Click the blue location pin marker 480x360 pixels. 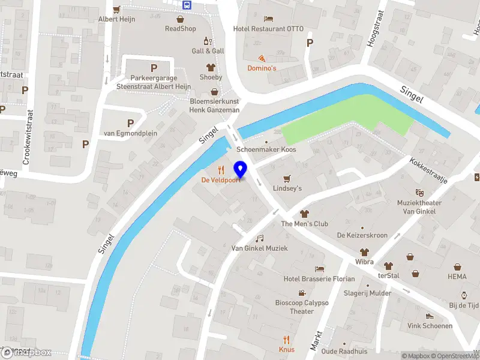pyautogui.click(x=241, y=169)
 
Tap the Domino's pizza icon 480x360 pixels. pyautogui.click(x=262, y=58)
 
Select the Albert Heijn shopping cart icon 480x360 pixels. pyautogui.click(x=116, y=9)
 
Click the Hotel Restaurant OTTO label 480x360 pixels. pyautogui.click(x=268, y=28)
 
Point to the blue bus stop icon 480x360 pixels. pyautogui.click(x=188, y=4)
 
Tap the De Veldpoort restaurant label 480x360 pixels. pyautogui.click(x=220, y=180)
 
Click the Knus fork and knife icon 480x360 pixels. pyautogui.click(x=286, y=339)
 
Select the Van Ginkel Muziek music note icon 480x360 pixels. pyautogui.click(x=260, y=238)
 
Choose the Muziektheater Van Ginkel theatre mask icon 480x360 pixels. pyautogui.click(x=420, y=192)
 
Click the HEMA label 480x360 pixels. pyautogui.click(x=457, y=277)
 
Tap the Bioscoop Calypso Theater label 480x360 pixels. pyautogui.click(x=302, y=307)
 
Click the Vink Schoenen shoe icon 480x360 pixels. pyautogui.click(x=429, y=316)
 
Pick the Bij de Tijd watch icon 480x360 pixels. pyautogui.click(x=464, y=295)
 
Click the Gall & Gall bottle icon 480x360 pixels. pyautogui.click(x=208, y=41)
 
